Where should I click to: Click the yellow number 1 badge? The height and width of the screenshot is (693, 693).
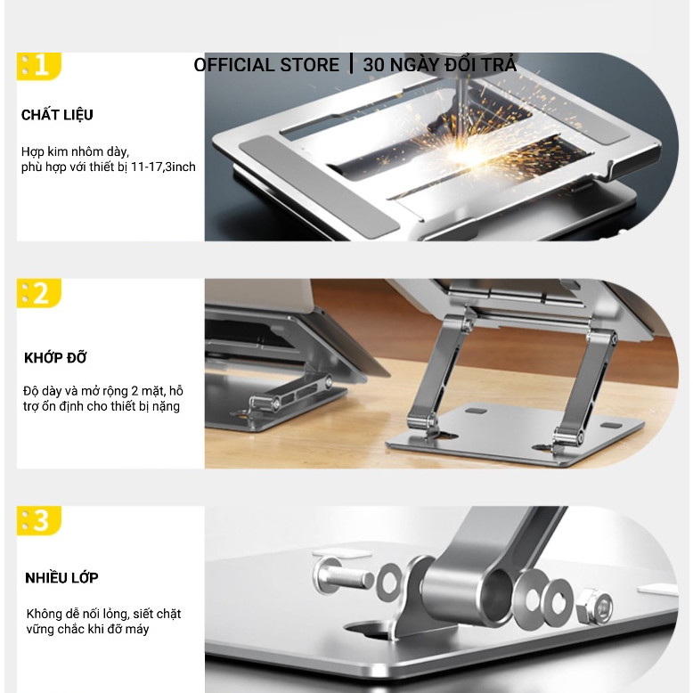point(39,66)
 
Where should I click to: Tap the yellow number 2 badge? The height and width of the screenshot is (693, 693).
point(39,292)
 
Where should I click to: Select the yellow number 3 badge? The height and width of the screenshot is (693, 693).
point(39,520)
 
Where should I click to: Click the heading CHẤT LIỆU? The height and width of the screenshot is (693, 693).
point(57,116)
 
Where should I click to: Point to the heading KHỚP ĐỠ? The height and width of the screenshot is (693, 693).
point(55,357)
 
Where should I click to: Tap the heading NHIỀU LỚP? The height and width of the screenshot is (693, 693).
point(61,577)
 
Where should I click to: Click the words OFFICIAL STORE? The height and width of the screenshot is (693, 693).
point(266,65)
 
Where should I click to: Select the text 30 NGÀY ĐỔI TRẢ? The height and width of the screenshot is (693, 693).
point(439,64)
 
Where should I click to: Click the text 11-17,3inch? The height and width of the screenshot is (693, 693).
point(163,167)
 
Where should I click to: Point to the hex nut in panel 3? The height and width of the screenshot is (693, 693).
point(595,606)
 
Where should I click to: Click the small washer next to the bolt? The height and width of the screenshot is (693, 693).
point(389,582)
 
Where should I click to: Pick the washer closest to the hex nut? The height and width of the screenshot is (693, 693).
point(558,603)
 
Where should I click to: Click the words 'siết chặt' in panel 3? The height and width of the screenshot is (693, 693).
point(157,614)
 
